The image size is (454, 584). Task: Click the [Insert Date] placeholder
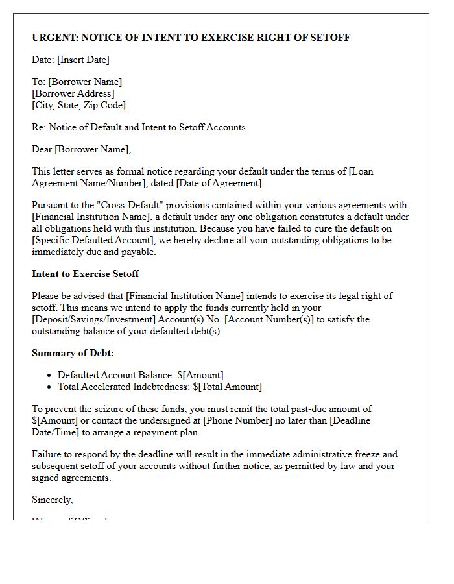83,60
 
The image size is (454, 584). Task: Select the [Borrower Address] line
73,93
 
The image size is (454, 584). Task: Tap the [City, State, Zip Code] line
78,105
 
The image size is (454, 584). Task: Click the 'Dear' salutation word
42,149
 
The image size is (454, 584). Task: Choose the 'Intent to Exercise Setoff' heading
85,273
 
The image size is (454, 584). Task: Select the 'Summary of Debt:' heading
73,353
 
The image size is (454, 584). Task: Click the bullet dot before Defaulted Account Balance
50,376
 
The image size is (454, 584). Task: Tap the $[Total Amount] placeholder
228,387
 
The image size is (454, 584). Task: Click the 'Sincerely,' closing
52,500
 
